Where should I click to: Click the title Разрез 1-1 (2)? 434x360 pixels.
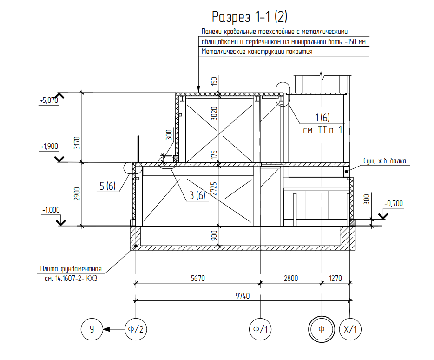250,18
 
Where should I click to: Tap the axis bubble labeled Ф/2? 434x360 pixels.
136,329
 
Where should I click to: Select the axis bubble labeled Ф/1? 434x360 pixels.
260,329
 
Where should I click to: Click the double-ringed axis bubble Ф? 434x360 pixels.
322,329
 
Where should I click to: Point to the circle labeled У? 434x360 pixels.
92,329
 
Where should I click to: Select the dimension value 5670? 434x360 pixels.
197,278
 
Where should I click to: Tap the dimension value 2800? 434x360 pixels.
290,278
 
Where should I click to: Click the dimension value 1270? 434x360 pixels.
335,278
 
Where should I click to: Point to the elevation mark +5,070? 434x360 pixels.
49,100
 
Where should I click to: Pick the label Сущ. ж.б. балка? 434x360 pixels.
385,161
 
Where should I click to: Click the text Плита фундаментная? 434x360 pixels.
70,269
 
